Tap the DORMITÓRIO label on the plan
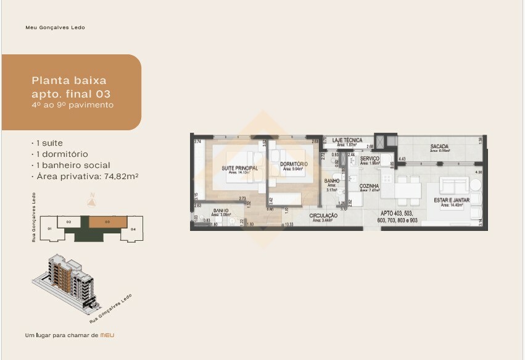[294, 164]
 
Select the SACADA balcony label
[439, 146]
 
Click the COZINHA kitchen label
[369, 186]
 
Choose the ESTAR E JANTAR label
[451, 200]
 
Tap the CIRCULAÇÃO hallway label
[323, 215]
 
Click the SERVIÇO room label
[370, 159]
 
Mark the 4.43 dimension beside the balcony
[402, 159]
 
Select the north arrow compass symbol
[92, 199]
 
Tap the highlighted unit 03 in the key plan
[107, 221]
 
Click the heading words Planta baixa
[68, 80]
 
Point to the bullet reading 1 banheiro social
[72, 165]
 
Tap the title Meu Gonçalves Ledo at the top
[55, 28]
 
